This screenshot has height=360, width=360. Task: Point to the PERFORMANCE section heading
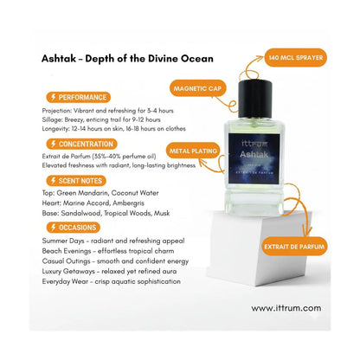click(x=77, y=98)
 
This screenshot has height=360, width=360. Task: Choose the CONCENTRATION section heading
click(x=80, y=144)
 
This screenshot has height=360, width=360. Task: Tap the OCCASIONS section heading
click(x=73, y=227)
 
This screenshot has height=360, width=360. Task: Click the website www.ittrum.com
click(x=286, y=307)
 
